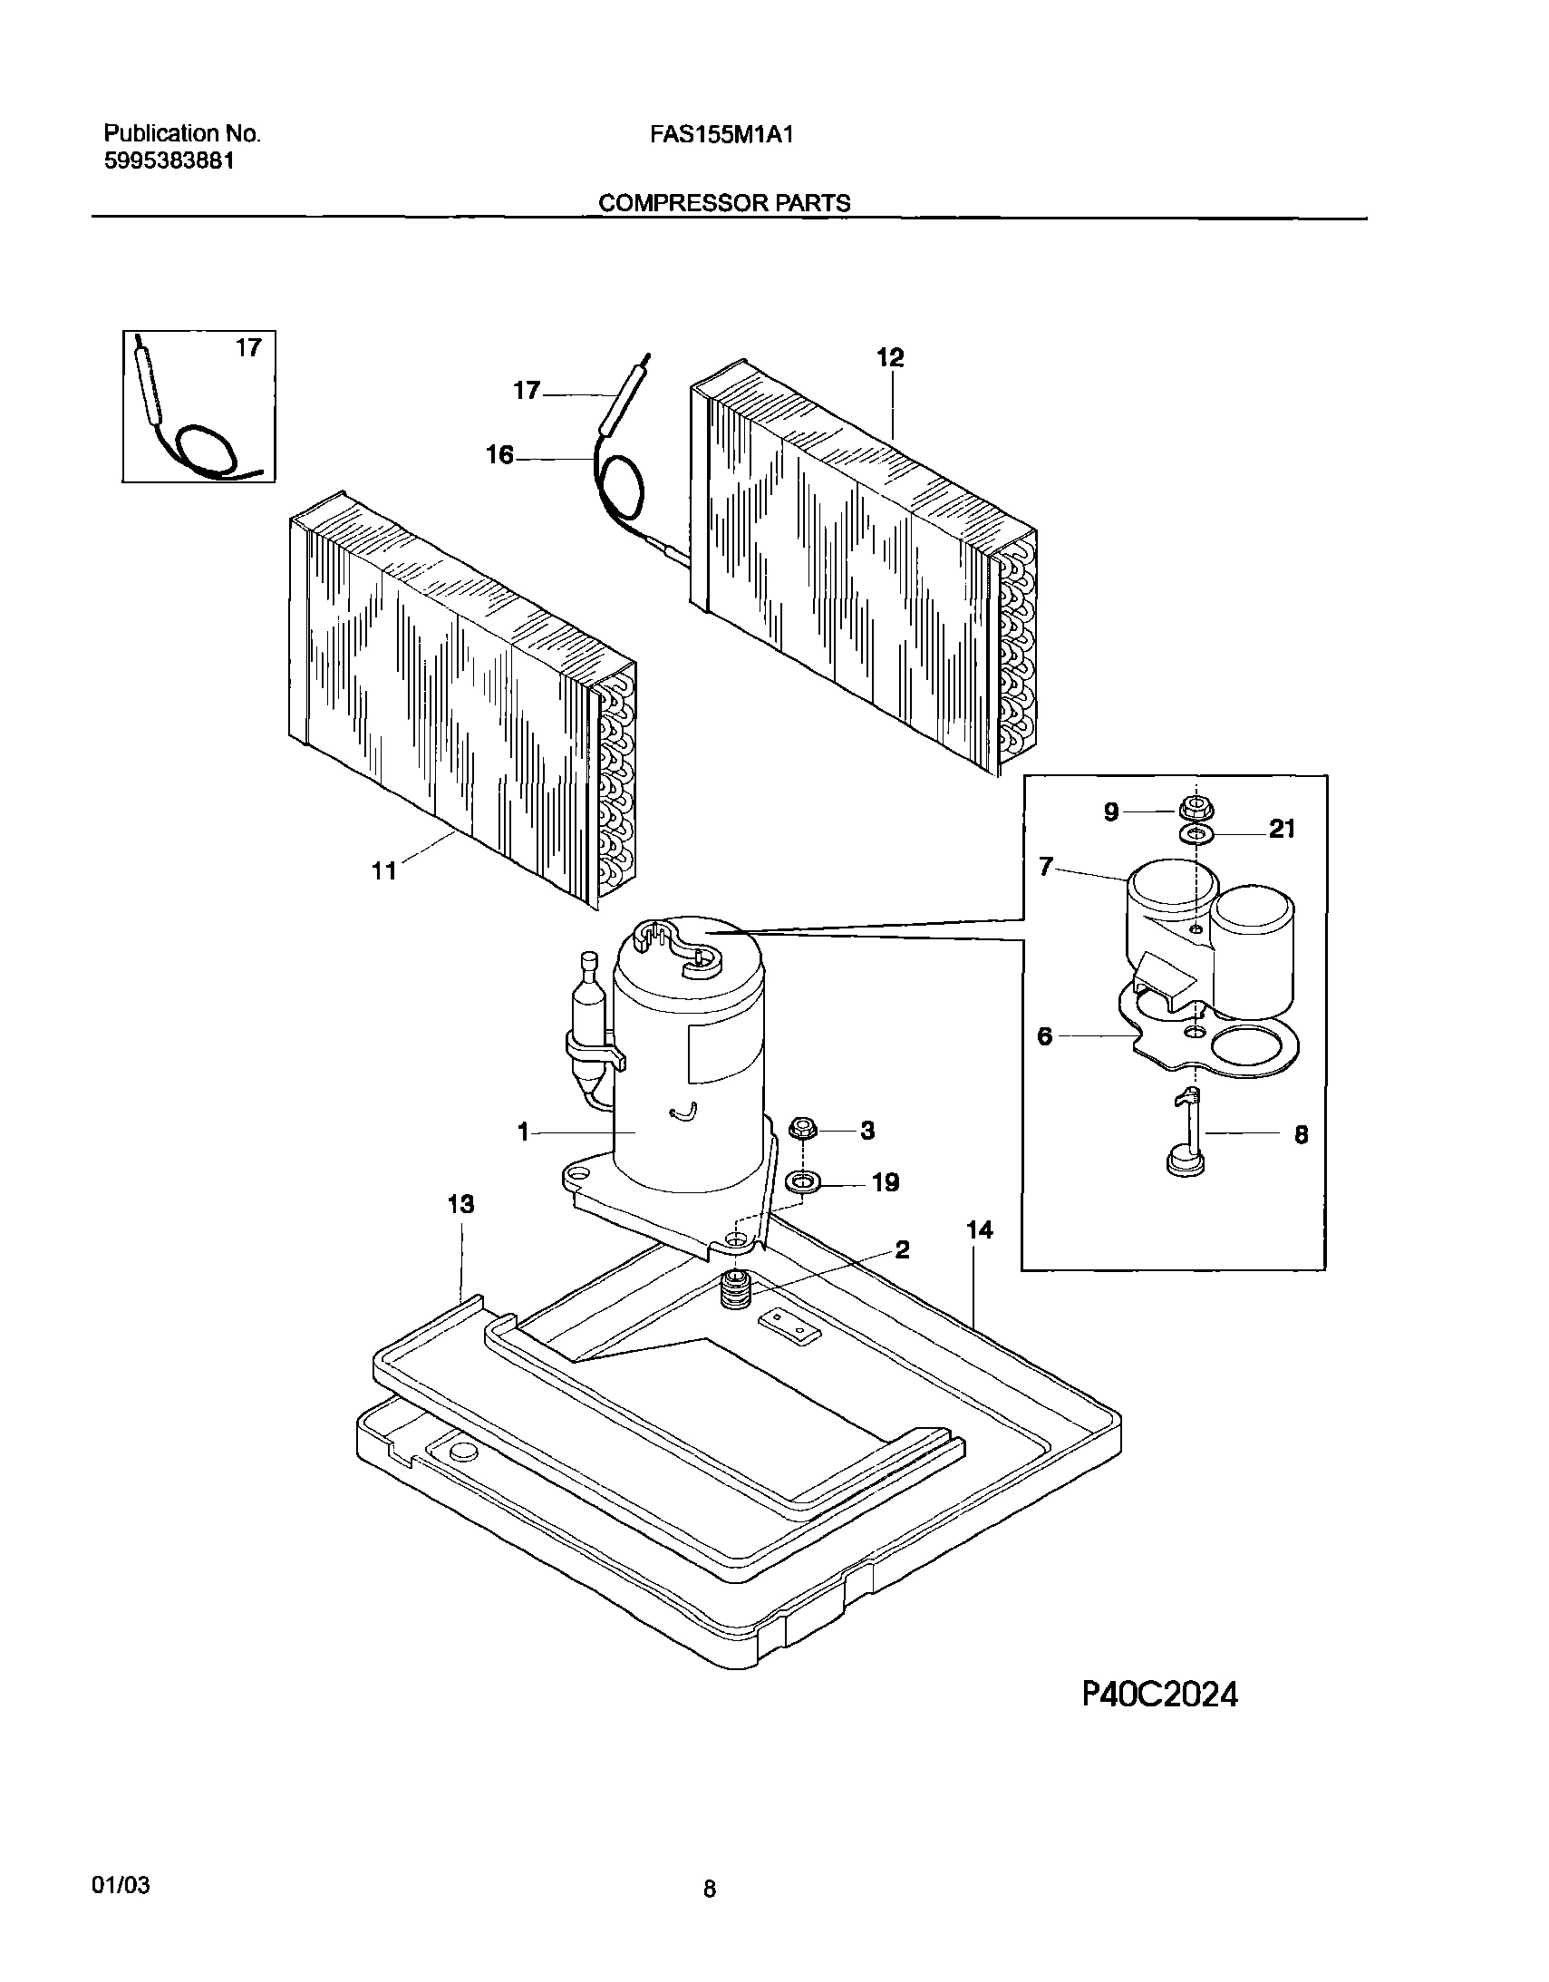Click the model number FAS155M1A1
click(721, 135)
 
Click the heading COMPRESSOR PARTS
click(724, 203)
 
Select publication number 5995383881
click(169, 161)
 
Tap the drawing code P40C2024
click(1159, 1695)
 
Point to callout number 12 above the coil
click(890, 357)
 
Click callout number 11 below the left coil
click(383, 871)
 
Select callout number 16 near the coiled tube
click(500, 454)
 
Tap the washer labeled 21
click(1196, 833)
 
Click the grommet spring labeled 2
click(734, 1290)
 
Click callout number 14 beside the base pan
click(979, 1229)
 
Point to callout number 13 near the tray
click(461, 1204)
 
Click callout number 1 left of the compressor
click(523, 1132)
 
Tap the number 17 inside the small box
click(248, 347)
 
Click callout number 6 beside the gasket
click(1044, 1035)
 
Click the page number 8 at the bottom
click(710, 1889)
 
